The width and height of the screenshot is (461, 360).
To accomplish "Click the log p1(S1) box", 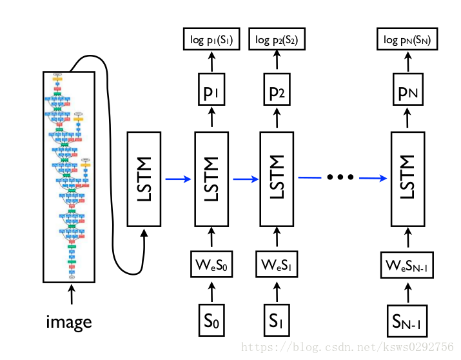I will [x=211, y=41].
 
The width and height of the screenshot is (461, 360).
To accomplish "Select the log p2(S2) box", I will [x=277, y=41].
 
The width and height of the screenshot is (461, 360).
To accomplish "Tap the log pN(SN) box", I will [x=407, y=41].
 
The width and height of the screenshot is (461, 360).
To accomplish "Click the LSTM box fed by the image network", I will [x=144, y=179].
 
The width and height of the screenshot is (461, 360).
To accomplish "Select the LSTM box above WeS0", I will [x=211, y=179].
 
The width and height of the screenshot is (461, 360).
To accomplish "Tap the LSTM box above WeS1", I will [x=277, y=179].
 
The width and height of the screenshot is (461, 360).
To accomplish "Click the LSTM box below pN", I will [x=407, y=179].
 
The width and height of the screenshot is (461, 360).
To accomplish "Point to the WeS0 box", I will [x=211, y=265].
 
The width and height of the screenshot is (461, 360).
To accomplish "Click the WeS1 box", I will [x=277, y=265].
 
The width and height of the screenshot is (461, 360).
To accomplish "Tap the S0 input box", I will [x=211, y=319].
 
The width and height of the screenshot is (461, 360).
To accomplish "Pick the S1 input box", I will [x=277, y=319].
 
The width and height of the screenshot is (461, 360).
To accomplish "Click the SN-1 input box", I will [x=407, y=319].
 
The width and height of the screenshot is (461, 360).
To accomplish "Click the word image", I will [x=69, y=321].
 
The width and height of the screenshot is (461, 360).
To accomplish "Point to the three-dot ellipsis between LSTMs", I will [x=341, y=177].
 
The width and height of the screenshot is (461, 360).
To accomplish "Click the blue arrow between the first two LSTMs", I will [x=178, y=179].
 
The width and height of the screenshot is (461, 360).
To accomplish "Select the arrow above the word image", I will [x=70, y=295].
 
